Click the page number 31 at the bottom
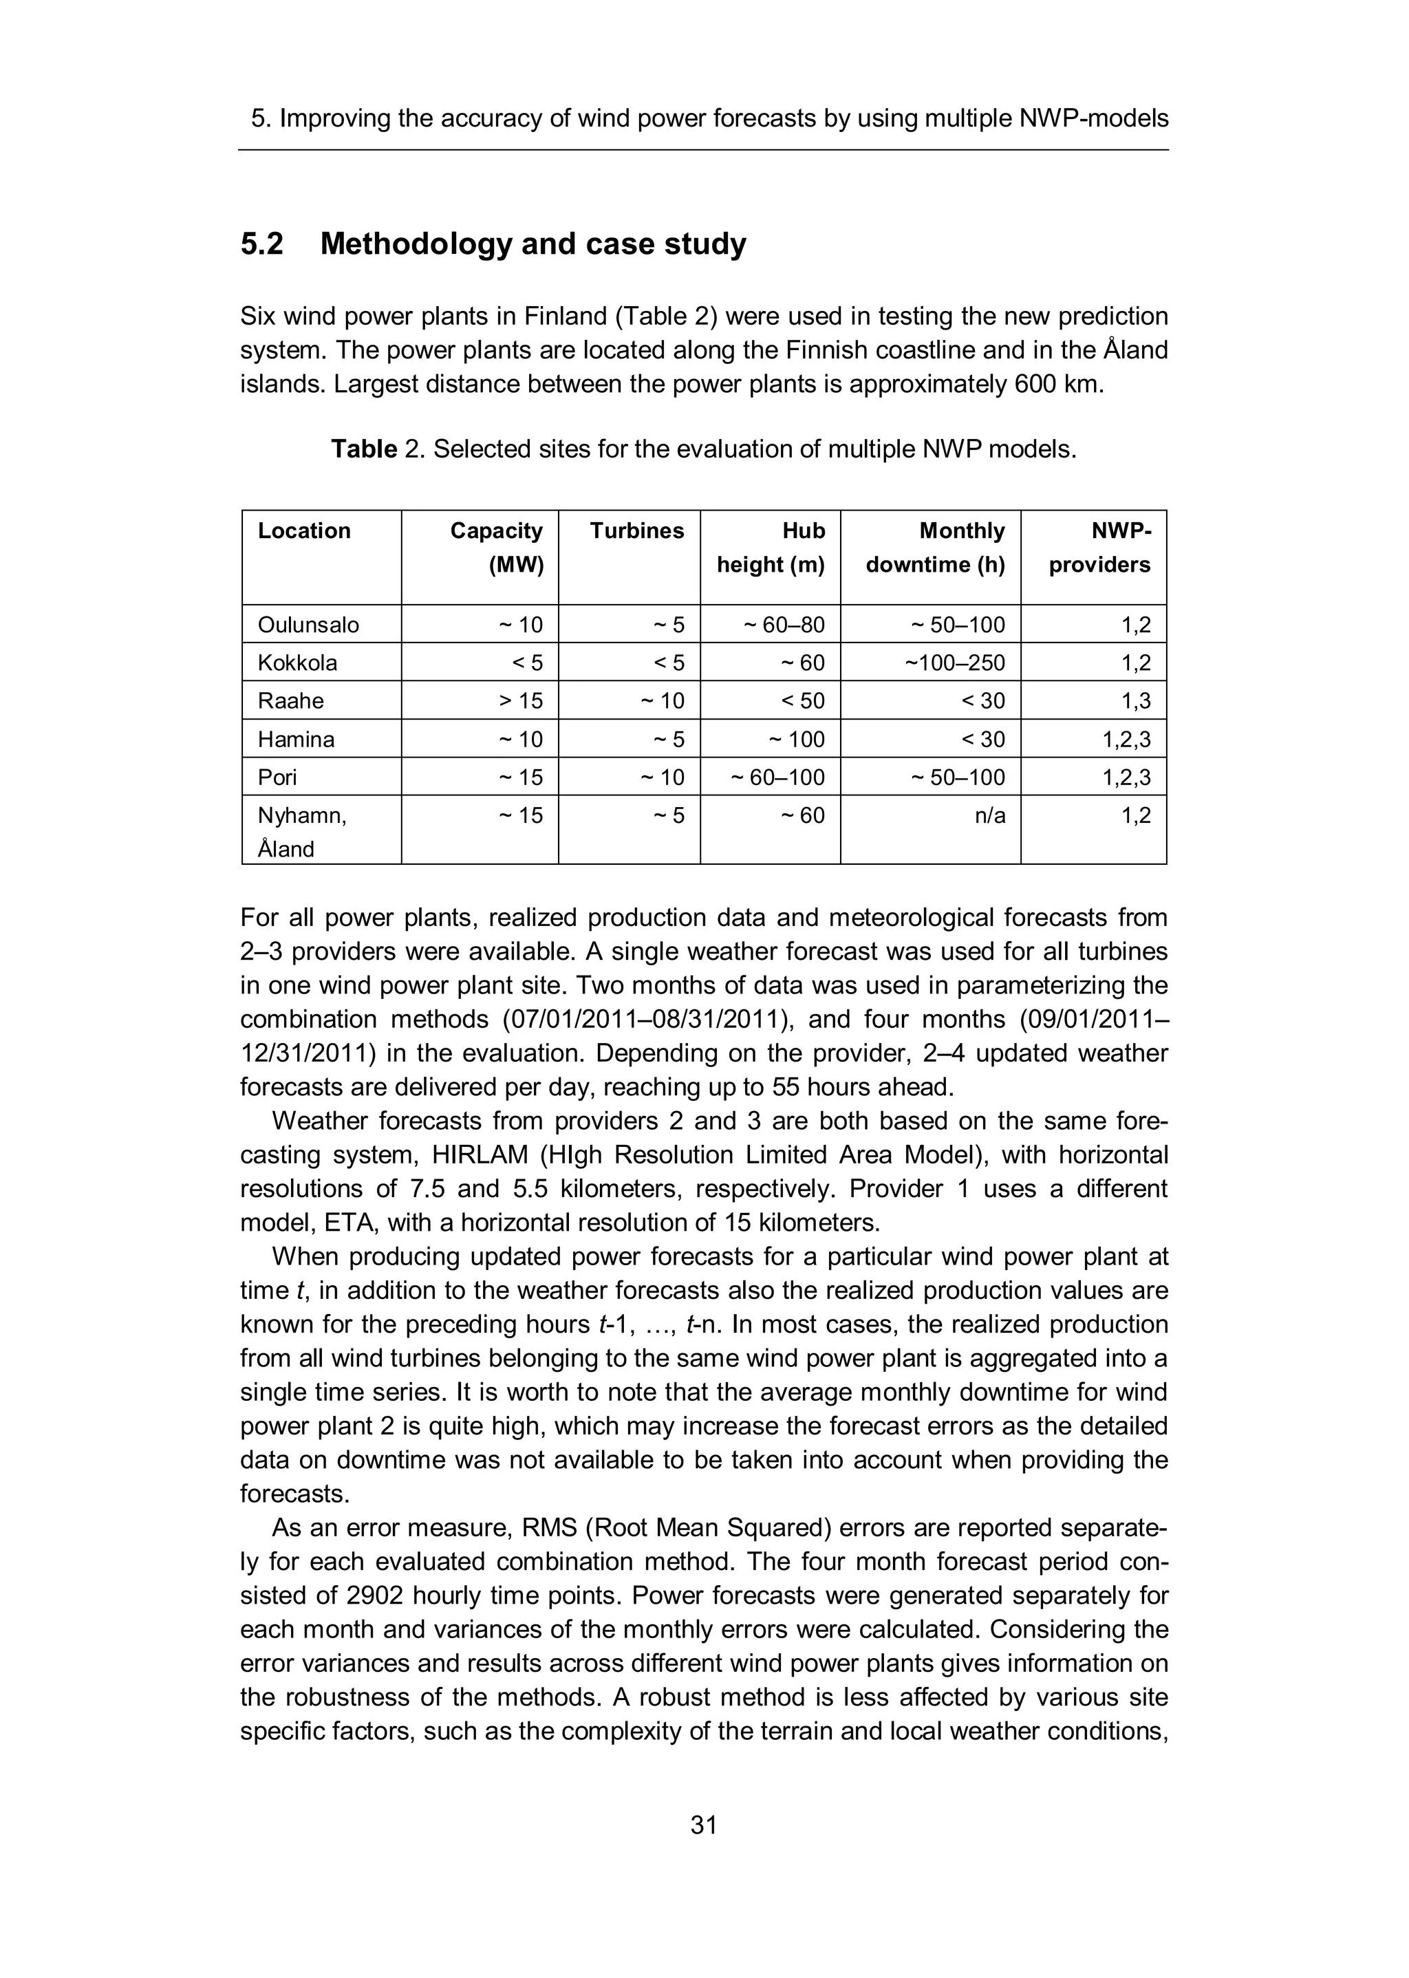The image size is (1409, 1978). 704,1825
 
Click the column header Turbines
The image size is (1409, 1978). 637,531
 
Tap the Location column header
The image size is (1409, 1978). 303,531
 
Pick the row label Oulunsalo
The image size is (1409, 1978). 308,625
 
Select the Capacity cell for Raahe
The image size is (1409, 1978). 521,701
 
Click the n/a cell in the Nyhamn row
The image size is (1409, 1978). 990,815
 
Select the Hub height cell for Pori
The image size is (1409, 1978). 777,777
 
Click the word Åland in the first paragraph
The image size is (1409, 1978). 1136,350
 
